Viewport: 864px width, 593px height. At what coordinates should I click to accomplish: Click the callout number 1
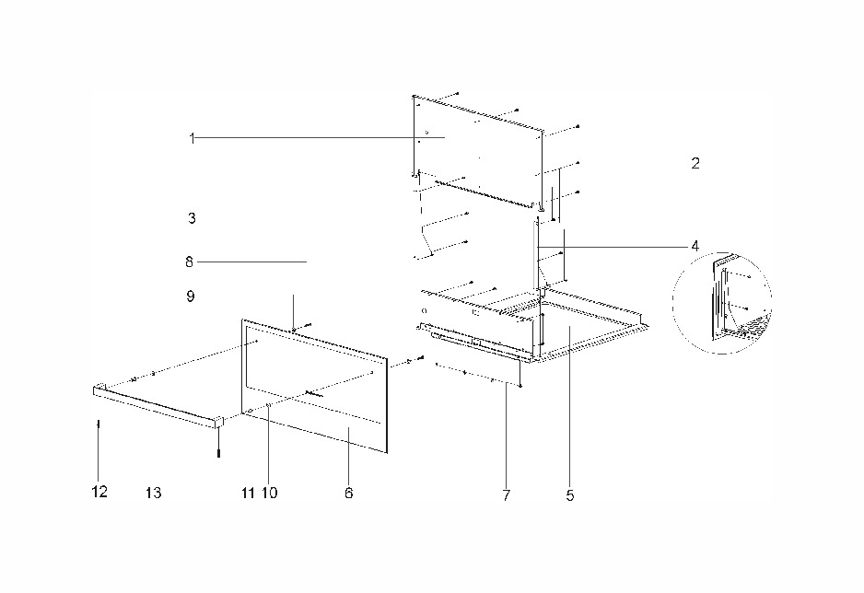click(192, 138)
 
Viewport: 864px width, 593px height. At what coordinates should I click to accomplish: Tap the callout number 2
click(695, 163)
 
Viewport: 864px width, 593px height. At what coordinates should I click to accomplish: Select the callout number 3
click(192, 218)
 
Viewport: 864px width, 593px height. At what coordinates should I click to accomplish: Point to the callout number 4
click(695, 246)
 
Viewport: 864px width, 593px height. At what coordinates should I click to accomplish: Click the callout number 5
click(570, 495)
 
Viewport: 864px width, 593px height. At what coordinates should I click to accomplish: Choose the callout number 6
click(349, 493)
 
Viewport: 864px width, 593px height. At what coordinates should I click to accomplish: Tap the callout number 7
click(507, 495)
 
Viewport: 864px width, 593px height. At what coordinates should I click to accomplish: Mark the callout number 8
click(190, 262)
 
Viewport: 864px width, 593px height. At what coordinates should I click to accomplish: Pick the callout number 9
click(191, 296)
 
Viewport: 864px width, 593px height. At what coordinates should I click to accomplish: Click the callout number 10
click(270, 493)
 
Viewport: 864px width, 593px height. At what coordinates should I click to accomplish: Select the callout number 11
click(248, 493)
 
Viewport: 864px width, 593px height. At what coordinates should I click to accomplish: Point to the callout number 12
click(99, 492)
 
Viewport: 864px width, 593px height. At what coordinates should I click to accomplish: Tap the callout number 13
click(154, 493)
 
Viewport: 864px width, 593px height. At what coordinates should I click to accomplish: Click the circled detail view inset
click(722, 302)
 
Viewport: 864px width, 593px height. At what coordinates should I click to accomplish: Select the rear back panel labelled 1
click(478, 153)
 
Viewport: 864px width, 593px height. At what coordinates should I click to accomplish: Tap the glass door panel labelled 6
click(315, 386)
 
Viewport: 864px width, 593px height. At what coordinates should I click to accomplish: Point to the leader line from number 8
click(251, 262)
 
